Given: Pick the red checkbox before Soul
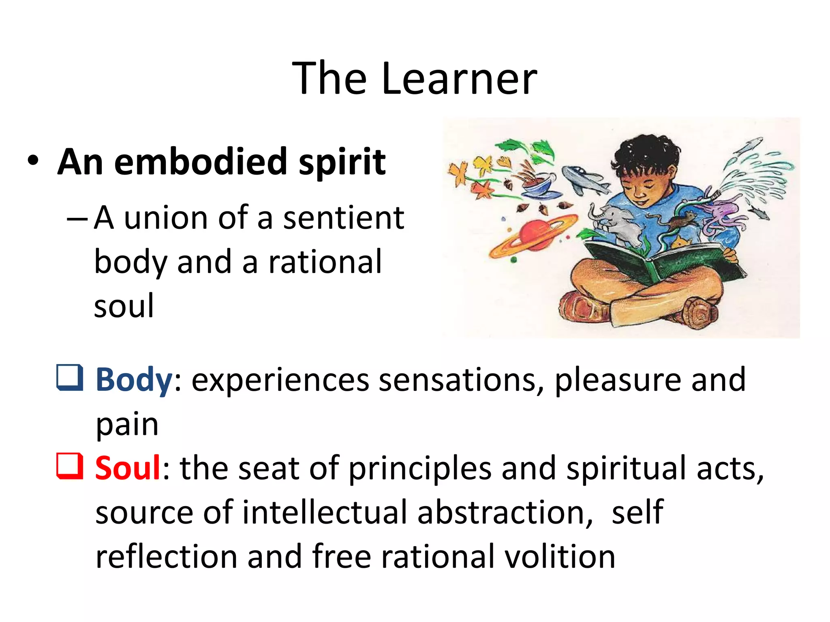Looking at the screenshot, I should pyautogui.click(x=70, y=466).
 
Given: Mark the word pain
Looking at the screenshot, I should pyautogui.click(x=127, y=425).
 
